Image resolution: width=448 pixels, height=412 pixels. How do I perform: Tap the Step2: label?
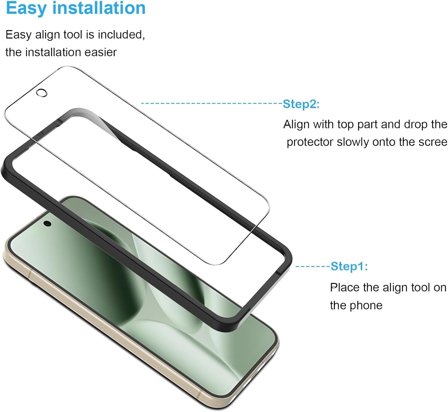[x=301, y=104]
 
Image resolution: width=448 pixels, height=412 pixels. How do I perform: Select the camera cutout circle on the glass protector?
[x=42, y=93]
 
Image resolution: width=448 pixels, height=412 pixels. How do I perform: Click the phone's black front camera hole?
[x=47, y=224]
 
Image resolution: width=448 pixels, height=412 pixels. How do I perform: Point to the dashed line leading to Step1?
[x=313, y=266]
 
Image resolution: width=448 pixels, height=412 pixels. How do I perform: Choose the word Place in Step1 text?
[x=345, y=288]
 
